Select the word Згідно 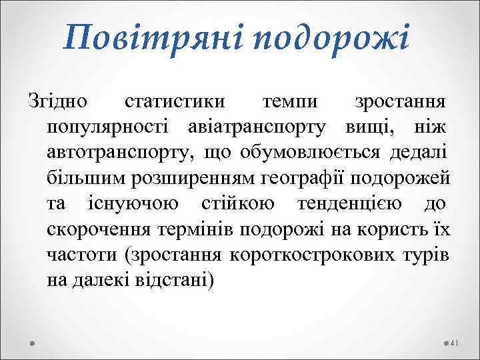(x=57, y=103)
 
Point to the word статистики (x=175, y=103)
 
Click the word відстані (x=175, y=279)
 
